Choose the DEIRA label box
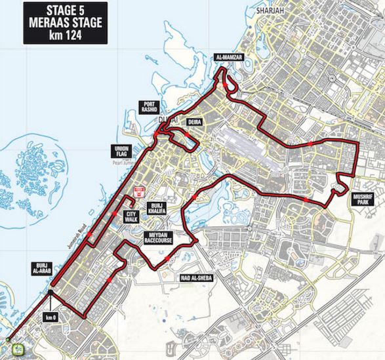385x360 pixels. coord(194,123)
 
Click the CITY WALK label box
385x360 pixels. coord(132,216)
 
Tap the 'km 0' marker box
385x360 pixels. coord(50,317)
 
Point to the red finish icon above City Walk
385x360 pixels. coord(138,191)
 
